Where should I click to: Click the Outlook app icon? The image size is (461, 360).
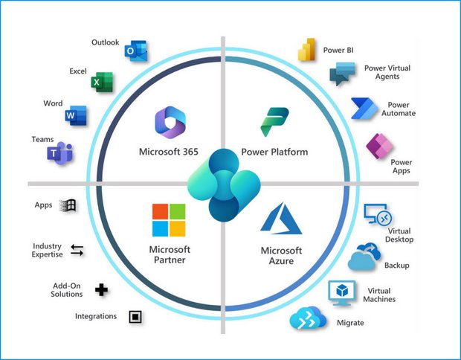click(x=136, y=51)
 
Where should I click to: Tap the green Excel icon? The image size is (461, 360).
click(x=102, y=82)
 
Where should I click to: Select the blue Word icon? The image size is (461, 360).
click(x=76, y=115)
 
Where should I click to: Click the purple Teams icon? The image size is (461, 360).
click(x=60, y=153)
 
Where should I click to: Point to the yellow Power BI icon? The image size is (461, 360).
click(x=306, y=49)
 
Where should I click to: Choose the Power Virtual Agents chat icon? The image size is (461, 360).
click(x=342, y=74)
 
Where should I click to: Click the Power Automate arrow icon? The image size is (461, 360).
click(x=364, y=109)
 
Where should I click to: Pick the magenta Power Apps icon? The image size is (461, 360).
click(x=379, y=147)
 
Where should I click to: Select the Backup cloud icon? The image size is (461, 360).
click(x=364, y=256)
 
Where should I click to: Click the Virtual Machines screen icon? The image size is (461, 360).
click(x=341, y=293)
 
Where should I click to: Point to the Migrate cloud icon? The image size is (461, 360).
click(x=308, y=318)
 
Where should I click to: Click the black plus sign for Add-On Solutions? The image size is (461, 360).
click(x=101, y=290)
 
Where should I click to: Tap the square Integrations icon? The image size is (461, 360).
click(x=135, y=317)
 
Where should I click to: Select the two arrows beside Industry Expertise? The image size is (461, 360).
click(x=77, y=251)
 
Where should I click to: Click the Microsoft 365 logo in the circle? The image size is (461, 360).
click(x=170, y=122)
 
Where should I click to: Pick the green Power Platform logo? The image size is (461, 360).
click(x=274, y=122)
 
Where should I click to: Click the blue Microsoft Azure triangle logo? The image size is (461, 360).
click(x=281, y=218)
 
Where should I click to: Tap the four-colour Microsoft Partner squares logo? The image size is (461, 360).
click(x=169, y=220)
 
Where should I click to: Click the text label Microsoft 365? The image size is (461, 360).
click(x=169, y=152)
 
